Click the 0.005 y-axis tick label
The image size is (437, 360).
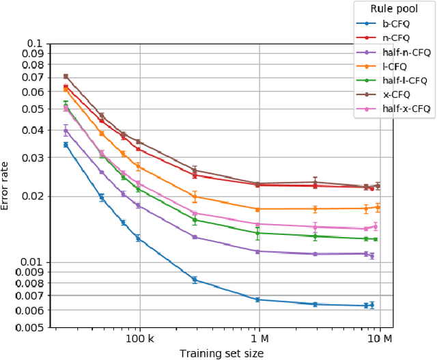coord(33,327)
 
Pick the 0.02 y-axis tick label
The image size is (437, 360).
coord(36,196)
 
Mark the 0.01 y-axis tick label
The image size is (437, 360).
coord(36,262)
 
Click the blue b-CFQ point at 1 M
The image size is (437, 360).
coord(258,300)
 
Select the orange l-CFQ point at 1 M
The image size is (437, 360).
coord(258,209)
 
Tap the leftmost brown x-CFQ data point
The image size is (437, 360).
coord(66,77)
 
